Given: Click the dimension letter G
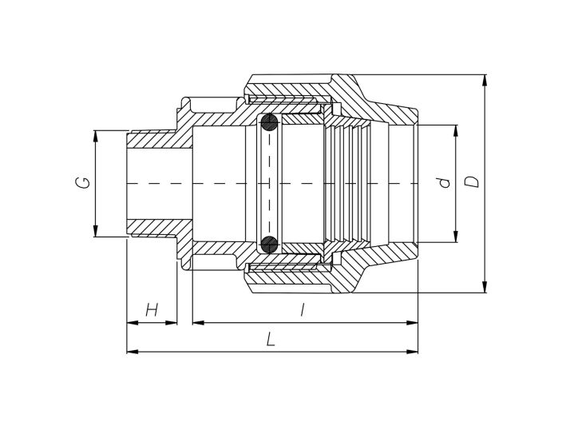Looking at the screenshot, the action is coord(83,183).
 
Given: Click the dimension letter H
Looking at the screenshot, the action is coord(152,309).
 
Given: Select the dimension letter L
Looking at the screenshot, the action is coord(271,339).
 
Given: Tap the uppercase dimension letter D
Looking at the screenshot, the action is coord(472,181).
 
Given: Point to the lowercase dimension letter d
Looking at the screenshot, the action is coord(445,182).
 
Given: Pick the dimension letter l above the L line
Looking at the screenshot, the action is coord(303,309).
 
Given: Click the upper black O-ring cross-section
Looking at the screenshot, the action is coord(269,122).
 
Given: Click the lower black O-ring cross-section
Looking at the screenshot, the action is coord(269,245).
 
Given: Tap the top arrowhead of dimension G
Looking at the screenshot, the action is coord(95,136).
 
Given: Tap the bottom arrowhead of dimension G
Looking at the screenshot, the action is coord(95,231).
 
